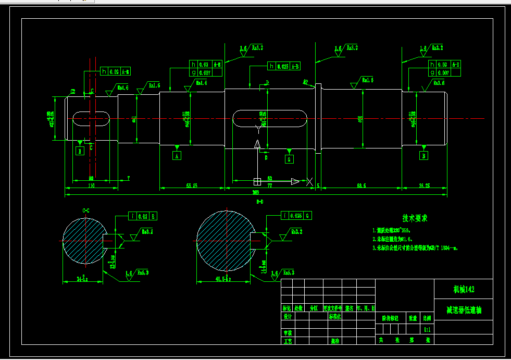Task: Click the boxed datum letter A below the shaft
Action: [177, 155]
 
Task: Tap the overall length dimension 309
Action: [255, 193]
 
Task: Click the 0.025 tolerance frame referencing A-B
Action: [284, 66]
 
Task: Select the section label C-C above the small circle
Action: [86, 210]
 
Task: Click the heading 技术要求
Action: [415, 218]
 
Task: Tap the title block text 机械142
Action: [463, 289]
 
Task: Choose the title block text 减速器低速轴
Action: [463, 309]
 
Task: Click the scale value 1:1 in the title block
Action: [427, 329]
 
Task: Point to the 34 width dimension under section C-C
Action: [82, 280]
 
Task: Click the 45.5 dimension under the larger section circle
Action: [223, 280]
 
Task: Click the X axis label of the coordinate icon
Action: [310, 181]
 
